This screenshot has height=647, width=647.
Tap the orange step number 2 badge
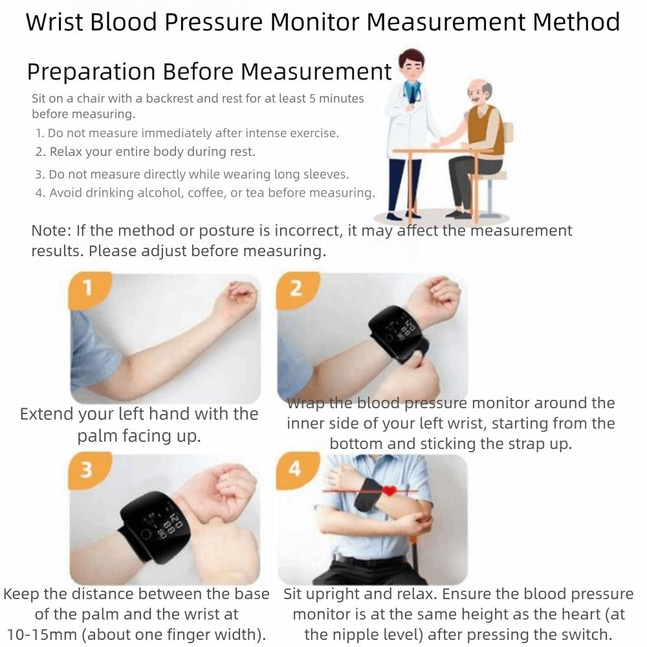(x=295, y=287)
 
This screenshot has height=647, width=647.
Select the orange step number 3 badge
(x=86, y=468)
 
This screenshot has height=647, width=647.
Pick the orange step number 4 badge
(x=294, y=468)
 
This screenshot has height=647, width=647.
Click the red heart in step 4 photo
(x=388, y=491)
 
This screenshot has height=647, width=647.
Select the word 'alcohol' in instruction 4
(x=160, y=193)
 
